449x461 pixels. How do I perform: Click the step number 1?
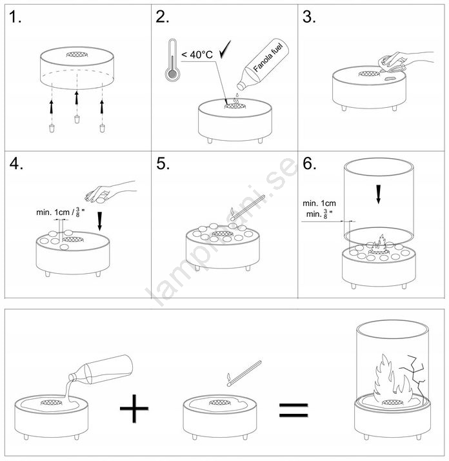15,17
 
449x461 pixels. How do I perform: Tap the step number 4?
16,163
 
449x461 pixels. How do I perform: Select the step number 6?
310,163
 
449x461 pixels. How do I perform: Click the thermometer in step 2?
172,60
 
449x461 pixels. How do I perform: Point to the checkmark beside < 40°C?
225,49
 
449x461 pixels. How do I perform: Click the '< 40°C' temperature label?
197,55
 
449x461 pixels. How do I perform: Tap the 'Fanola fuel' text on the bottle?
268,57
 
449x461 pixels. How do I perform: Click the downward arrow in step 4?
99,221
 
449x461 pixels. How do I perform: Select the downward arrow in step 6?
379,194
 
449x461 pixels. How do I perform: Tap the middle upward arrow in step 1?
77,97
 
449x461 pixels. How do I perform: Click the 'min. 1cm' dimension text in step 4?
53,212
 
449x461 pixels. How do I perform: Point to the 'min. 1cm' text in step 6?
319,203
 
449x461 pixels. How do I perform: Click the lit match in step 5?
248,208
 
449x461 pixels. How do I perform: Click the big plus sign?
134,409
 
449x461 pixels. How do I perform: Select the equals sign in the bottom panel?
294,411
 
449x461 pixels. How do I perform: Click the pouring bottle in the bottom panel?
101,370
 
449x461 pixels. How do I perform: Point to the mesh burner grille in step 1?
77,54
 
